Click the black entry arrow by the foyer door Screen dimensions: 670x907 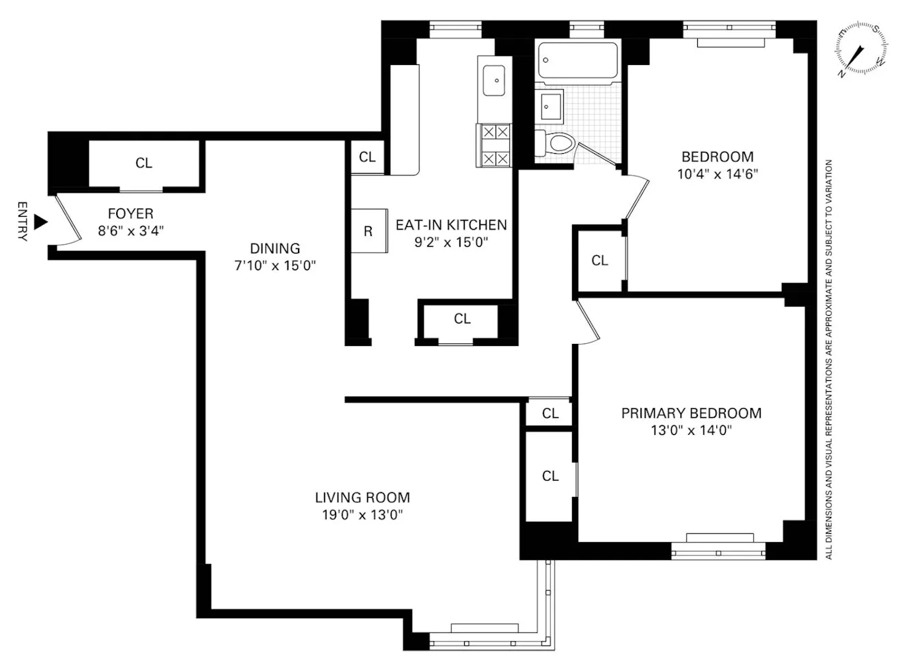click(41, 222)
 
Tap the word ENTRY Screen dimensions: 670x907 click(22, 222)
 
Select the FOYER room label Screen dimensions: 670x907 click(131, 214)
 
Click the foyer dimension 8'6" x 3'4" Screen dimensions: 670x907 click(131, 231)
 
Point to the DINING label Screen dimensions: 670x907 click(275, 249)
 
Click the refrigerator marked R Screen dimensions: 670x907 click(368, 232)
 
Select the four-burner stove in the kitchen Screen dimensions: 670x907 click(493, 145)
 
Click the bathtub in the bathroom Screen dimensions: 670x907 click(578, 64)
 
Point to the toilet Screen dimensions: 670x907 click(555, 144)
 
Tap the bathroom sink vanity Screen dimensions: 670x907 click(549, 106)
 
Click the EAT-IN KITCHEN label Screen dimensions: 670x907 click(451, 225)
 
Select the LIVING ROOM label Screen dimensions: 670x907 click(362, 498)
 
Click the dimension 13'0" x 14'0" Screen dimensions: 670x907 click(691, 431)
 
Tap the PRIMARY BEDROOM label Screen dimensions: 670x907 click(691, 413)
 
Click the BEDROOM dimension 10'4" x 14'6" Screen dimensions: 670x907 click(718, 174)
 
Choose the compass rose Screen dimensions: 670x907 click(861, 49)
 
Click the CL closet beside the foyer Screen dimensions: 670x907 click(144, 163)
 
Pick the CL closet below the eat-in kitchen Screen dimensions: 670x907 click(462, 319)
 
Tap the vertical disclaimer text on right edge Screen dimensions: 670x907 click(829, 359)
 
